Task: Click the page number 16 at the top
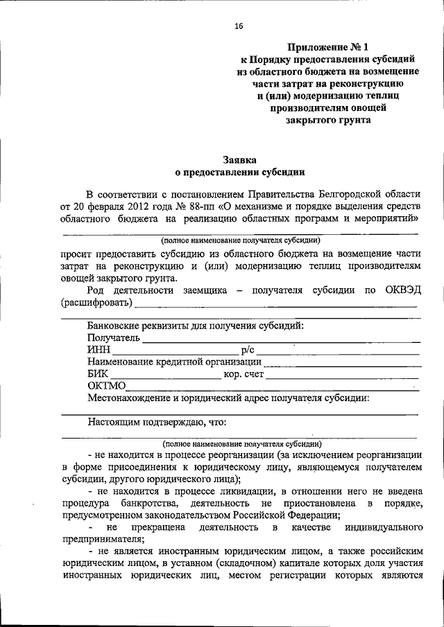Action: [x=239, y=26]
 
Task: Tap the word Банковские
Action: [x=115, y=325]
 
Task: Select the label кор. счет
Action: [x=244, y=374]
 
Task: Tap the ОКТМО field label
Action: [x=106, y=386]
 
